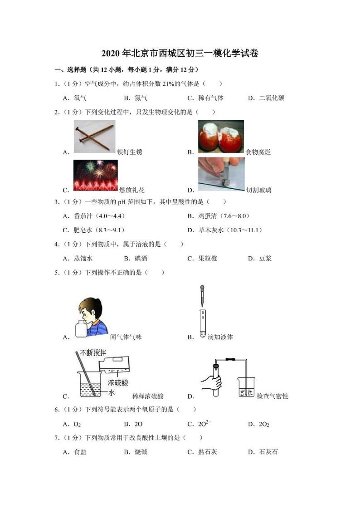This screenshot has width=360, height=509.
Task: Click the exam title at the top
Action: (180, 53)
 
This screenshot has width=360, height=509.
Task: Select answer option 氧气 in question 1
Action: (80, 98)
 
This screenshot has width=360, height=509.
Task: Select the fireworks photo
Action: (95, 175)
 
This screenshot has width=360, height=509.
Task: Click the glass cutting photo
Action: (221, 174)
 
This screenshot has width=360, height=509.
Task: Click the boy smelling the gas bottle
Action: (91, 318)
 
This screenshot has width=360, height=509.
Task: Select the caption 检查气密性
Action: (272, 396)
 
